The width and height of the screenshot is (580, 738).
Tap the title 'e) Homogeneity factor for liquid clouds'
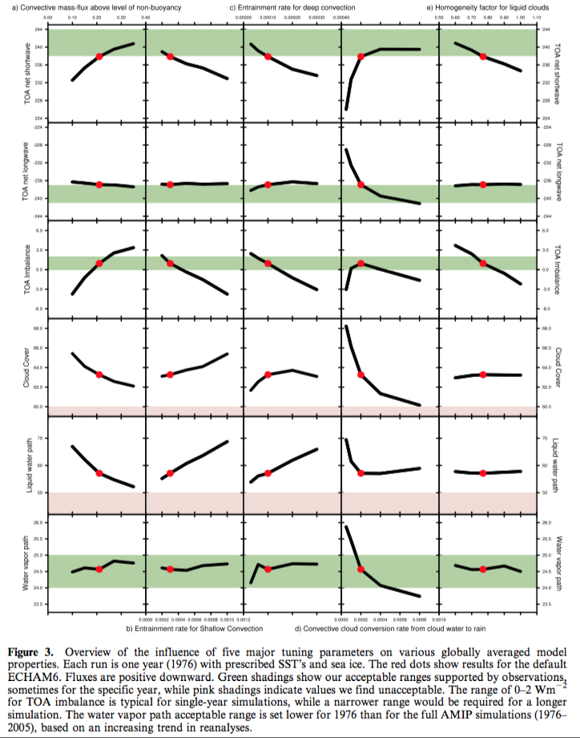pos(493,7)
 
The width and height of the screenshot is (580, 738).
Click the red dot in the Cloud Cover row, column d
pos(361,375)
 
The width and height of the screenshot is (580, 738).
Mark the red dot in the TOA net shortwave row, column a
pos(99,56)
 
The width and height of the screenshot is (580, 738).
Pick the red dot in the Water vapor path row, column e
pos(483,569)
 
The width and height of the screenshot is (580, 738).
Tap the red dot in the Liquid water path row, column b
pos(170,473)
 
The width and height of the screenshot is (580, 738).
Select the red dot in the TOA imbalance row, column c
pos(268,263)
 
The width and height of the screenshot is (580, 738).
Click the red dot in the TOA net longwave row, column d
pos(361,184)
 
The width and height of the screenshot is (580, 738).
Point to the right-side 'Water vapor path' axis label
pos(557,566)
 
